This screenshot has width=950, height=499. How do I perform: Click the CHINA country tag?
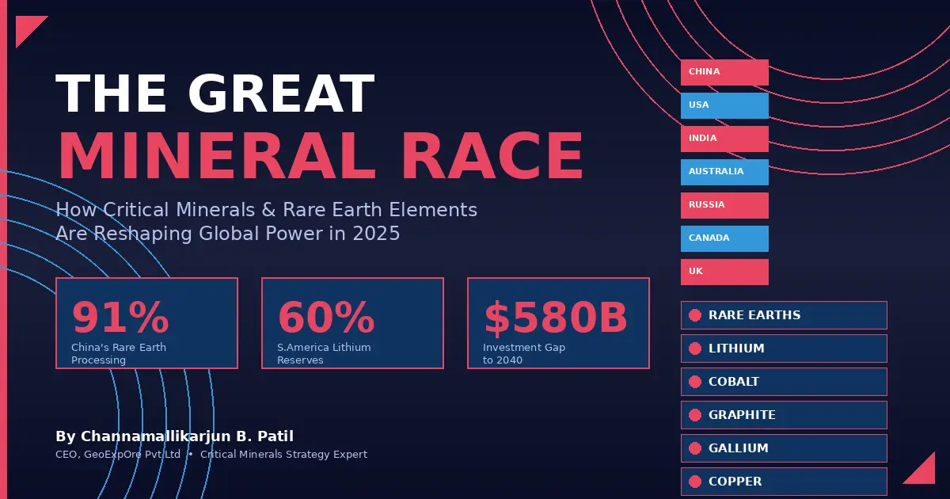tap(724, 72)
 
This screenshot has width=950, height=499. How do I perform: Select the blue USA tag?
tap(724, 105)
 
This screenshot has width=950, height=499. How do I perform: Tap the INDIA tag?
tap(724, 139)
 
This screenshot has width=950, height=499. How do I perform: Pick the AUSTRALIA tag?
tap(724, 172)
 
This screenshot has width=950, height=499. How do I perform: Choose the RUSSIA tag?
tap(724, 205)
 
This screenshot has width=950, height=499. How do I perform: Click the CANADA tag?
tap(724, 238)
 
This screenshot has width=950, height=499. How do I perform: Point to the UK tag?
tap(724, 272)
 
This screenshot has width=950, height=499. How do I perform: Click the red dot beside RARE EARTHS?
tap(695, 315)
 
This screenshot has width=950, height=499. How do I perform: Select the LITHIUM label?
tap(736, 349)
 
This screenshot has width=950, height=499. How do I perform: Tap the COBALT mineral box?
tap(783, 382)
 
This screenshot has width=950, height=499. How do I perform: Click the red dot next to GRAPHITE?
tap(695, 415)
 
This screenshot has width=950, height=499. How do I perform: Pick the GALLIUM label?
tap(738, 448)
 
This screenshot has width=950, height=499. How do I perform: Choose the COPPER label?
tap(735, 482)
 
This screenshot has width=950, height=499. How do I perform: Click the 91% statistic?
tap(120, 318)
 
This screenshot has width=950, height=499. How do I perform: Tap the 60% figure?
tap(326, 318)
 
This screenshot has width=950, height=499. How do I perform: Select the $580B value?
tap(556, 318)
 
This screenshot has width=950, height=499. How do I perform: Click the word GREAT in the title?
tap(280, 95)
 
